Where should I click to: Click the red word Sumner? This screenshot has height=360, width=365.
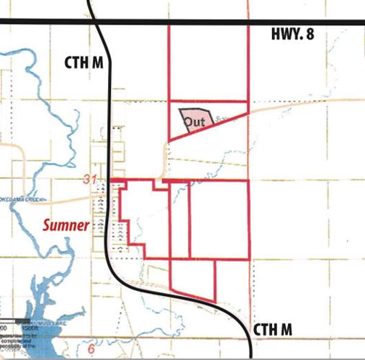[x=65, y=225]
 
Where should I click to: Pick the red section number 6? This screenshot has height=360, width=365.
[x=91, y=349]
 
